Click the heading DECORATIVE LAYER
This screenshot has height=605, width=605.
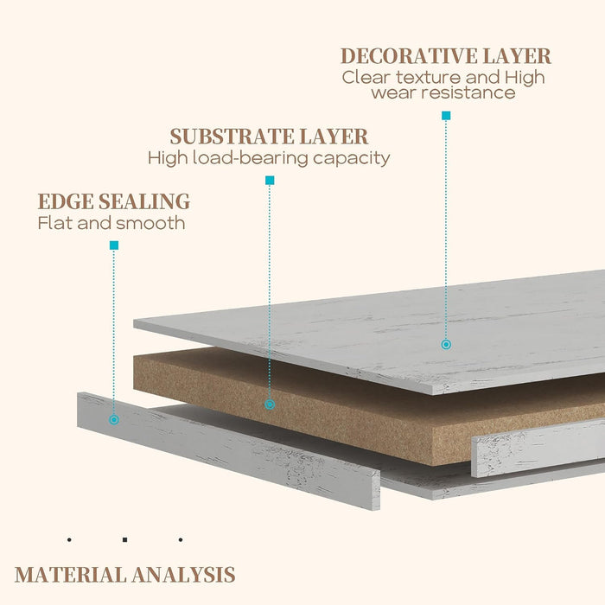(445, 56)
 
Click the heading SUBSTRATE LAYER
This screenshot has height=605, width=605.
(269, 137)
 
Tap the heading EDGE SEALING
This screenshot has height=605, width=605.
(113, 202)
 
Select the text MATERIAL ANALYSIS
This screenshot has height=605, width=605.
(124, 574)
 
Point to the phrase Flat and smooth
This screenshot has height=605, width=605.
(111, 223)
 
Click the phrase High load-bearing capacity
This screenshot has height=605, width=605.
(269, 158)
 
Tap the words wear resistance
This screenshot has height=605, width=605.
(443, 92)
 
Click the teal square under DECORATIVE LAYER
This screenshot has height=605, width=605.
(446, 115)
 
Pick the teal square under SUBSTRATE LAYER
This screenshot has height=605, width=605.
(270, 181)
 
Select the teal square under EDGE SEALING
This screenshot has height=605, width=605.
(114, 245)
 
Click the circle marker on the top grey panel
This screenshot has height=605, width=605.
(446, 344)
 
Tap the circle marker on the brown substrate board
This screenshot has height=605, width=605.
(270, 404)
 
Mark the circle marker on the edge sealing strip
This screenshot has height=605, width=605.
(114, 420)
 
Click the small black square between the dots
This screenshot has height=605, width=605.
(124, 540)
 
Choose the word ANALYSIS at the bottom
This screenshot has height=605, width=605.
(183, 574)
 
